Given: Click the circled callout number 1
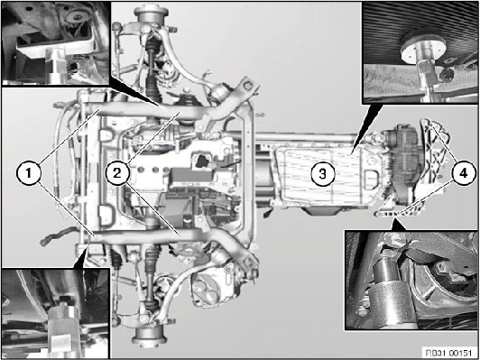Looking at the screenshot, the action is [x=28, y=174].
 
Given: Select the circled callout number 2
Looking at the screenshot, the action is [x=117, y=174].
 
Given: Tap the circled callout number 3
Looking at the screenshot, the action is [x=323, y=174].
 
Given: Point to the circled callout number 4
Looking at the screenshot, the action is [x=463, y=174].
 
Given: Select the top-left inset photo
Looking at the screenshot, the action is [x=55, y=42].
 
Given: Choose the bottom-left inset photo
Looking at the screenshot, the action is [x=55, y=313].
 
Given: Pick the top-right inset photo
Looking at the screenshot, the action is [x=420, y=52].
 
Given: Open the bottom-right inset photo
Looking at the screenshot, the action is [x=411, y=280].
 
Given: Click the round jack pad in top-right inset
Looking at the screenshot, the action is [x=422, y=47].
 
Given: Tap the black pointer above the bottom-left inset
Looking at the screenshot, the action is [x=81, y=255].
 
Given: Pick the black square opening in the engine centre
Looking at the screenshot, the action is [x=202, y=162].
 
